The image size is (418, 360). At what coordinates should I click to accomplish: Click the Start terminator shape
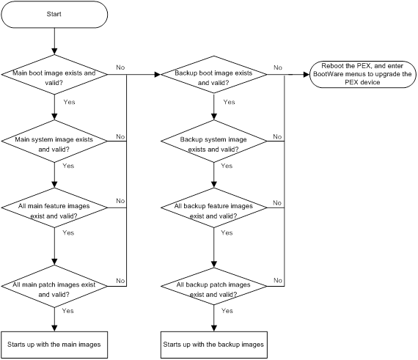[54, 15]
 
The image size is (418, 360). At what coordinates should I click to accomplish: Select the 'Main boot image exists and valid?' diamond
[54, 74]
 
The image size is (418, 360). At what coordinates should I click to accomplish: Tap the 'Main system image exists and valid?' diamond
[54, 141]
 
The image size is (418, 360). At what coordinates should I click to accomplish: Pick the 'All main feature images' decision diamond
[54, 207]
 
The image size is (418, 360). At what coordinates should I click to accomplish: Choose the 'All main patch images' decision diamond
[54, 286]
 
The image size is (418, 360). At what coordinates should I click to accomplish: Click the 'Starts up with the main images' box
[54, 345]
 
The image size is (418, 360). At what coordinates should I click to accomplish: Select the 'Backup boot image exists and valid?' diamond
[214, 74]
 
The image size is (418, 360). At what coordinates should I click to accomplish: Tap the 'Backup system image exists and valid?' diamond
[214, 141]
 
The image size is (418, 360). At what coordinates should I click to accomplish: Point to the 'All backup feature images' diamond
[214, 207]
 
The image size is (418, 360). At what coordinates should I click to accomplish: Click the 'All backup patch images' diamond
[214, 286]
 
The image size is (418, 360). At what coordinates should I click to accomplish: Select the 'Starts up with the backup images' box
[214, 345]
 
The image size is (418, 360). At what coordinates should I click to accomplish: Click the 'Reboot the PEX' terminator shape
[362, 74]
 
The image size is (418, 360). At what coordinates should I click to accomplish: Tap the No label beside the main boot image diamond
[120, 67]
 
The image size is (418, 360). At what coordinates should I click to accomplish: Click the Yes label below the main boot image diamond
[70, 102]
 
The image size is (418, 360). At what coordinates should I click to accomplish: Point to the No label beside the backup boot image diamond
[278, 67]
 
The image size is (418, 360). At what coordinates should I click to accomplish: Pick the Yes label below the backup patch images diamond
[227, 311]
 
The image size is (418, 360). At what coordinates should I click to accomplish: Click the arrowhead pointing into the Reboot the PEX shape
[307, 75]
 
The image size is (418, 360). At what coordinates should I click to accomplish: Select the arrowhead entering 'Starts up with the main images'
[54, 328]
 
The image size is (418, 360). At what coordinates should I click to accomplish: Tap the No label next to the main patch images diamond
[120, 281]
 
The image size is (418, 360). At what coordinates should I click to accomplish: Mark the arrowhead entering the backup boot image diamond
[158, 75]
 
